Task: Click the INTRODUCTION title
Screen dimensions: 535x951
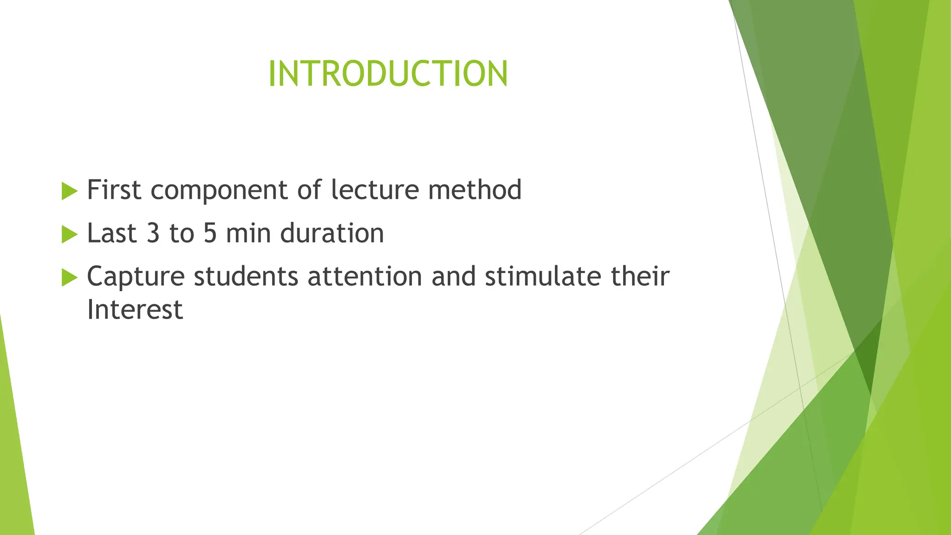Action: [388, 74]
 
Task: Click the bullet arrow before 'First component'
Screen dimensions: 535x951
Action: [69, 191]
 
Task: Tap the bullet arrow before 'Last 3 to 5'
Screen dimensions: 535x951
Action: [69, 234]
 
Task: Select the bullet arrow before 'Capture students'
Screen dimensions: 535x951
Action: [69, 277]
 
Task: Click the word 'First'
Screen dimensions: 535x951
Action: [114, 190]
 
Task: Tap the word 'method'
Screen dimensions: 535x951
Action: [475, 190]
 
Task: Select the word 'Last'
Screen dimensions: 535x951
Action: [112, 233]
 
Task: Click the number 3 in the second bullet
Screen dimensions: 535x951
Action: [153, 233]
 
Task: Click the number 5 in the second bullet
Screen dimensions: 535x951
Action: [210, 233]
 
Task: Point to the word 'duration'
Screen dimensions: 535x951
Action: [332, 233]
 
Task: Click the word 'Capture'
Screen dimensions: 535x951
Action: [136, 277]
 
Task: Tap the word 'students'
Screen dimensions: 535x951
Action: [246, 276]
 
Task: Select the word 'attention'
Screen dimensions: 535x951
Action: [365, 276]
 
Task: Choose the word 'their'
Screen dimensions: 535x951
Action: [640, 276]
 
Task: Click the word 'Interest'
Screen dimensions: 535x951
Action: [135, 310]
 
